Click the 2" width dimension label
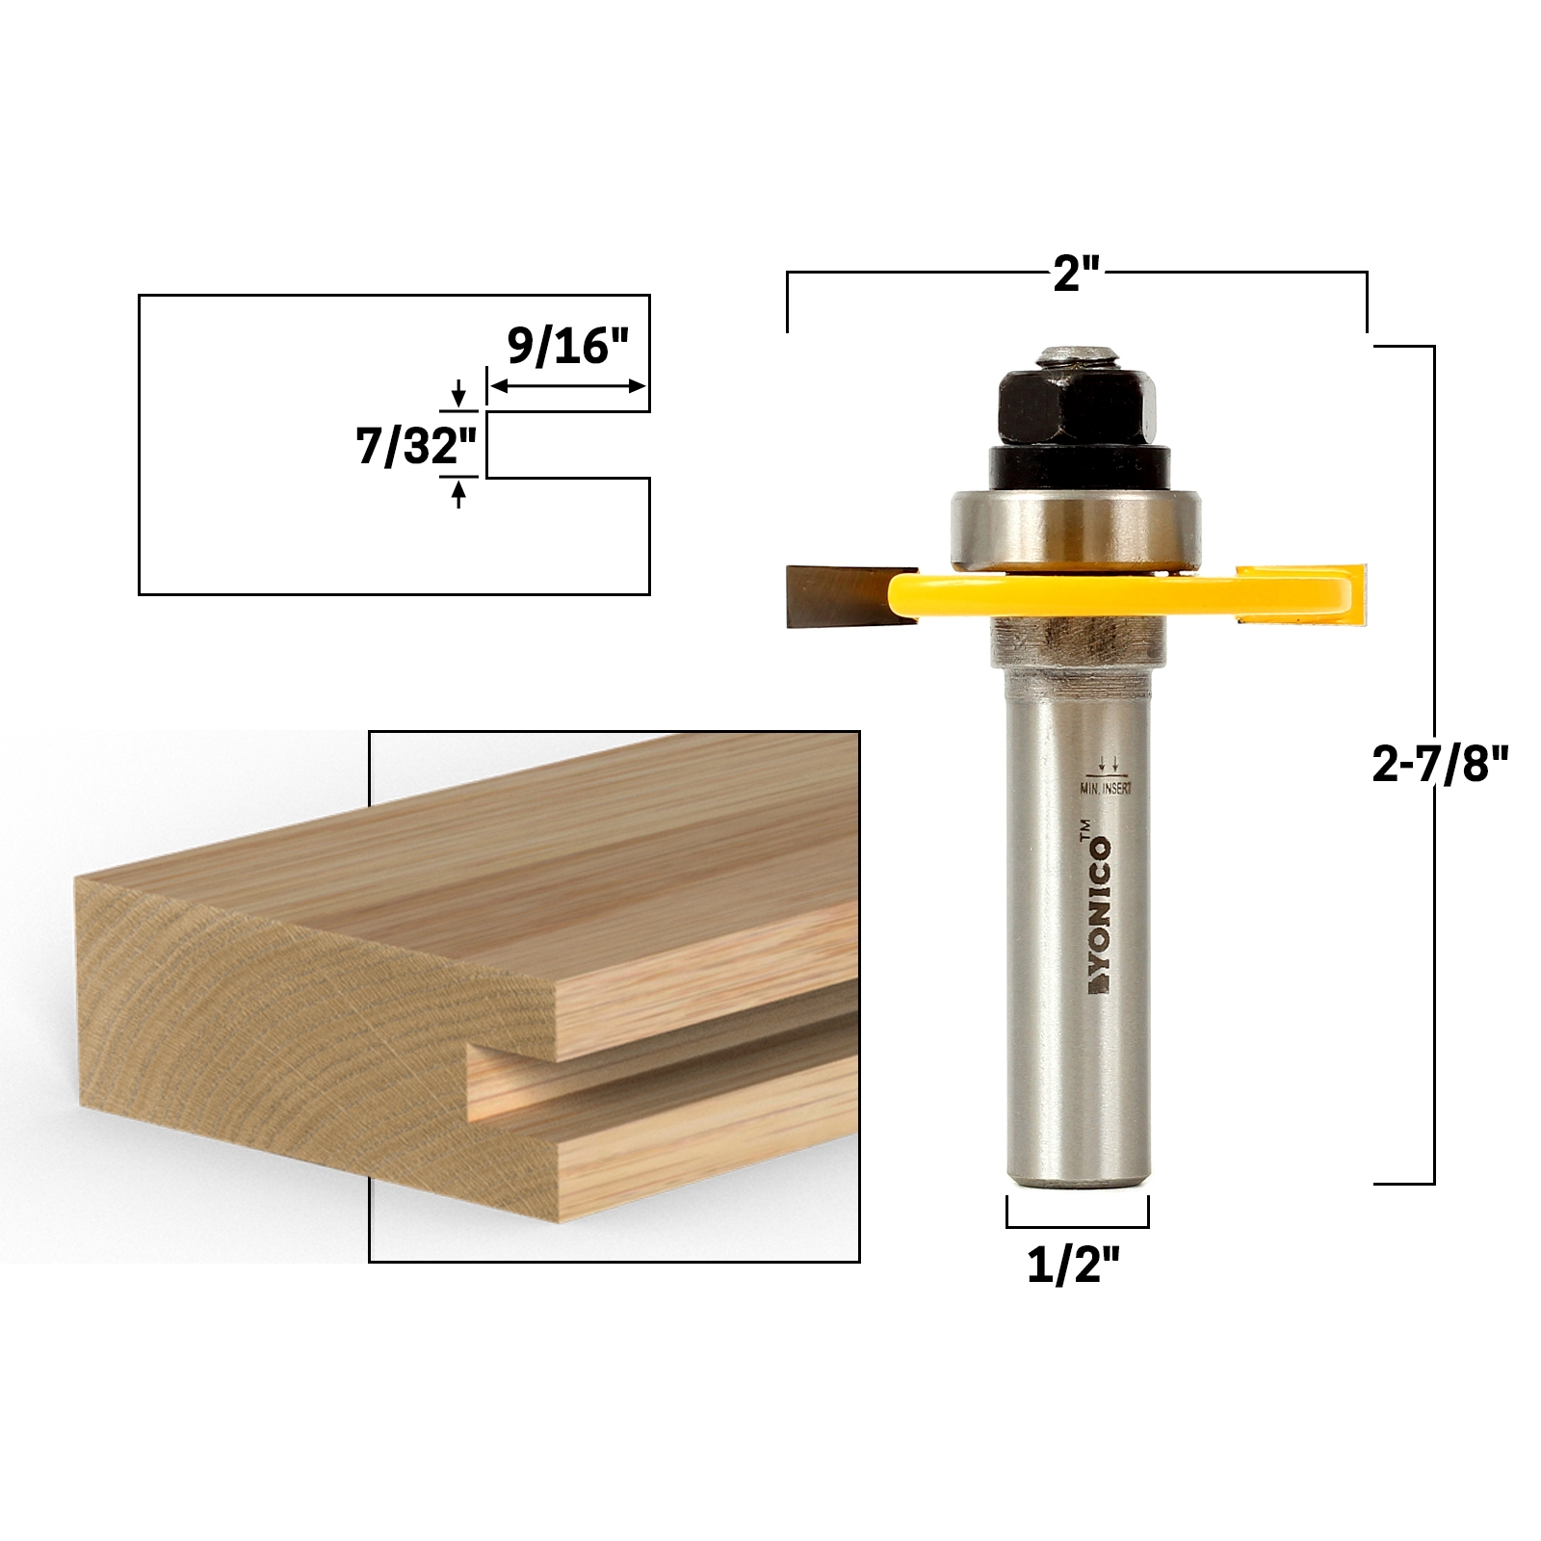(1076, 277)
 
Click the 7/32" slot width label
(416, 446)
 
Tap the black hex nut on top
(1076, 405)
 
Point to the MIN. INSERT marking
(1107, 787)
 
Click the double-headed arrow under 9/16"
(568, 386)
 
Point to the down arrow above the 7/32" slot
(458, 393)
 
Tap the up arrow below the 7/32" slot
(458, 494)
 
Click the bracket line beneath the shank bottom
(1077, 1226)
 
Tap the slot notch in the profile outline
(568, 445)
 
